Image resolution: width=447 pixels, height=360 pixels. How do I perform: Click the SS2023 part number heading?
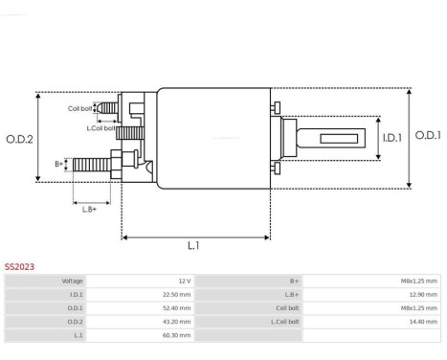tap(19, 267)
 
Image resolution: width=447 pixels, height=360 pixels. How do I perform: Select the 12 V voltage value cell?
tap(184, 281)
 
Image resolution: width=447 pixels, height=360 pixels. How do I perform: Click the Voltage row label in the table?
tap(72, 281)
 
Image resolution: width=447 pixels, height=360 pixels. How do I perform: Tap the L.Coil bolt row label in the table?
tap(286, 323)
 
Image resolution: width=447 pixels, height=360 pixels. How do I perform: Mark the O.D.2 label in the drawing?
tap(19, 140)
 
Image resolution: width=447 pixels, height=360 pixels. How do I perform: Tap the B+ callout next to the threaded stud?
tap(59, 164)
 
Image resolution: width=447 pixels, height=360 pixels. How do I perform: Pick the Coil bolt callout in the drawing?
tap(80, 108)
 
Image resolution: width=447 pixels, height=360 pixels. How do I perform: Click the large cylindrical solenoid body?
tap(212, 140)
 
